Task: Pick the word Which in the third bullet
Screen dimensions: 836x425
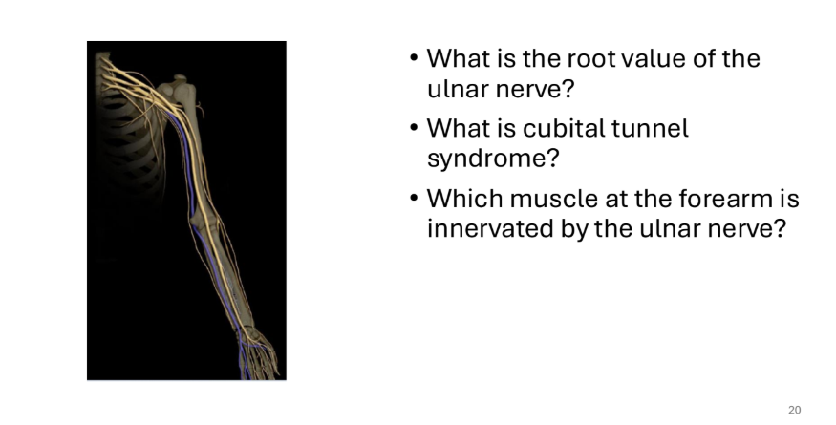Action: pyautogui.click(x=465, y=199)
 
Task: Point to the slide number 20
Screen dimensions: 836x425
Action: pyautogui.click(x=794, y=410)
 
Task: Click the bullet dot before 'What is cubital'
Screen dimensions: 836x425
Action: pyautogui.click(x=415, y=129)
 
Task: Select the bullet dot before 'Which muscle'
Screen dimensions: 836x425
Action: pyautogui.click(x=415, y=199)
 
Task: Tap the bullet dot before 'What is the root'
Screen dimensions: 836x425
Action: pyautogui.click(x=415, y=58)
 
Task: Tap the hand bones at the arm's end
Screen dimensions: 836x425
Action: pyautogui.click(x=260, y=354)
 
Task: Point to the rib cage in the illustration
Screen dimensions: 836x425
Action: pyautogui.click(x=128, y=144)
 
